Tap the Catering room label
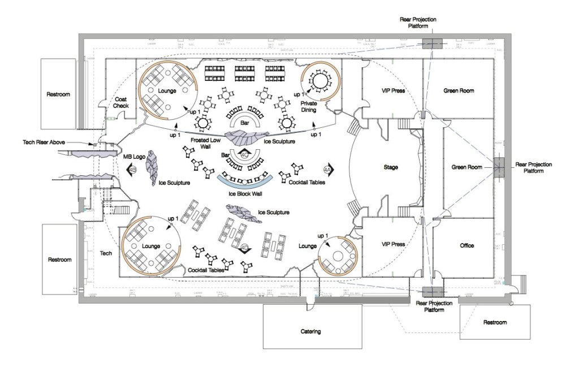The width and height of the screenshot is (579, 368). [x=308, y=331]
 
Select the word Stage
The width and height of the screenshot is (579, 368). [x=391, y=167]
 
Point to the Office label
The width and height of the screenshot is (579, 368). [x=466, y=245]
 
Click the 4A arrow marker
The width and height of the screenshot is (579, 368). [x=327, y=169]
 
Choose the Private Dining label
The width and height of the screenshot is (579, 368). [x=308, y=107]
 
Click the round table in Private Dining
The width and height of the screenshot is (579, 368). [x=319, y=82]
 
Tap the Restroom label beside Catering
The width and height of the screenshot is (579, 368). [x=495, y=322]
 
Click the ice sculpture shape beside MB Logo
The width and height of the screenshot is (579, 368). [x=152, y=167]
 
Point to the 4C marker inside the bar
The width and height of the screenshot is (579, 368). [x=245, y=154]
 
